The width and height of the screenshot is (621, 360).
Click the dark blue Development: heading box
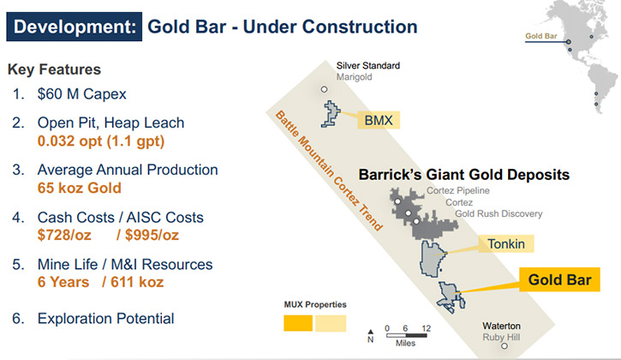click(74, 27)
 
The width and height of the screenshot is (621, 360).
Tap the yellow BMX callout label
click(379, 120)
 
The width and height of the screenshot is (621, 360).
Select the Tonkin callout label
click(505, 243)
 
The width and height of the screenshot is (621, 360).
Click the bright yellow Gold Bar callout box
click(559, 279)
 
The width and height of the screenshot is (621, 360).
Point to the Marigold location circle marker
click(324, 89)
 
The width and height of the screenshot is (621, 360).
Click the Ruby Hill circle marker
click(505, 345)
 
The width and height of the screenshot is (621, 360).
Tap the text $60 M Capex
click(81, 94)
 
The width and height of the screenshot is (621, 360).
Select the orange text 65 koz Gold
click(79, 188)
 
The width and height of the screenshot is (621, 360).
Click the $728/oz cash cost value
click(64, 235)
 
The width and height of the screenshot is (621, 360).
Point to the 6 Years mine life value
click(63, 282)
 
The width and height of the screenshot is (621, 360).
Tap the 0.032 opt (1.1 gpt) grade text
click(101, 141)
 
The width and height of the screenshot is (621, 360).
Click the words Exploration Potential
click(105, 318)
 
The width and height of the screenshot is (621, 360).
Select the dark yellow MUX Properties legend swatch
click(298, 323)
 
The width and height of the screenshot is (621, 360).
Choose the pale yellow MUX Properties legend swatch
click(331, 323)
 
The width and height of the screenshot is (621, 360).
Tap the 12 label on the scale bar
click(427, 328)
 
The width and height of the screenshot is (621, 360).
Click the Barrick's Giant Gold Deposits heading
click(463, 175)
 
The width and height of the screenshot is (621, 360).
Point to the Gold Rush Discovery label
click(499, 213)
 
